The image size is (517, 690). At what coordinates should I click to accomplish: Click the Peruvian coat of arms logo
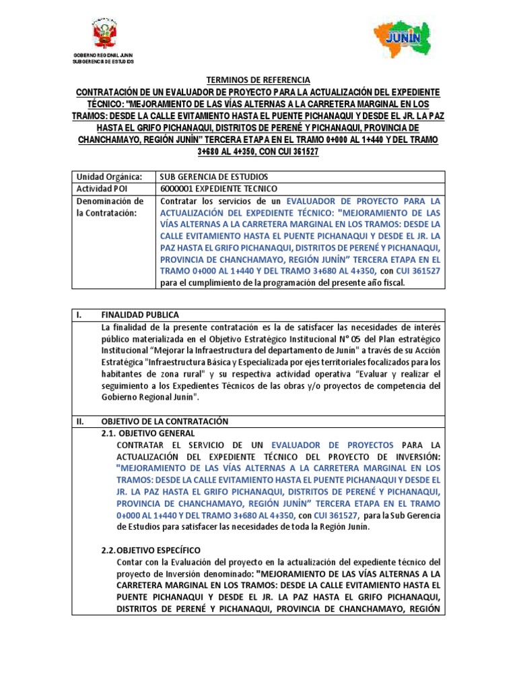[104, 34]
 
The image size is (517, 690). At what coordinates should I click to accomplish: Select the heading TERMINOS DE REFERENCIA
[258, 80]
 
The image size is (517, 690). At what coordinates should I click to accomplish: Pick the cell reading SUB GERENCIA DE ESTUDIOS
[211, 177]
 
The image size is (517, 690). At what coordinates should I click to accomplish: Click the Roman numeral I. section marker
[79, 315]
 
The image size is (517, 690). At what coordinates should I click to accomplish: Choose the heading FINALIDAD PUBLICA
[140, 315]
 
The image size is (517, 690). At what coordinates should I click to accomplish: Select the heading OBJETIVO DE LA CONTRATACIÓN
[164, 421]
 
